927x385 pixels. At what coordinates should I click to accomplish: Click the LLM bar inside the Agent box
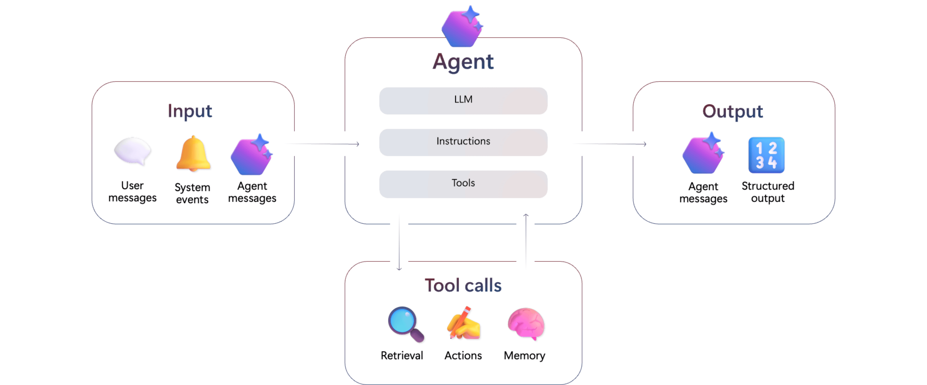[463, 101]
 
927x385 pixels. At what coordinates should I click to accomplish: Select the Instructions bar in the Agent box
[463, 142]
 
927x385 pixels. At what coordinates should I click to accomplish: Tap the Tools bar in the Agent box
[463, 184]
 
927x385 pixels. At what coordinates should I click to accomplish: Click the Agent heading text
[463, 62]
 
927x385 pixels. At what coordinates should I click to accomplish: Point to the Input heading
[190, 111]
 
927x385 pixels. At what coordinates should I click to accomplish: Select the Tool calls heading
[463, 285]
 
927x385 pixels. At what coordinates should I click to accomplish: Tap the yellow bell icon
[193, 153]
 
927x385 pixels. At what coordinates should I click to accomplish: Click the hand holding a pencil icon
[464, 324]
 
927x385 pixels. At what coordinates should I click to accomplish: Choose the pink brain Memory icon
[526, 324]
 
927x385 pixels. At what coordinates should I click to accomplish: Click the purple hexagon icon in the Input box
[251, 155]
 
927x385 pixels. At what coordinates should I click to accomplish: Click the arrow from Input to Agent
[324, 144]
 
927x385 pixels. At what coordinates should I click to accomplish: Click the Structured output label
[768, 192]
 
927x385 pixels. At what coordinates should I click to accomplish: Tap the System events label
[192, 193]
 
